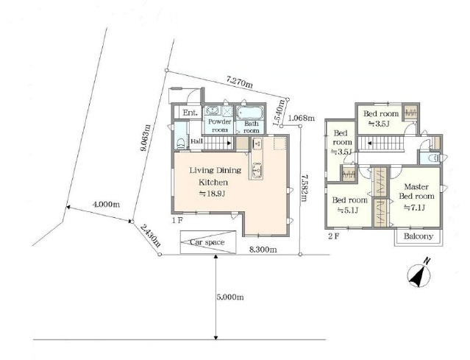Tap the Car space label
click(207, 242)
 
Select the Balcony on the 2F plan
click(419, 237)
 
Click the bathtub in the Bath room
click(249, 113)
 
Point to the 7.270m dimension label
click(240, 82)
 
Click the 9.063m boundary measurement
click(146, 138)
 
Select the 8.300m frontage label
click(263, 250)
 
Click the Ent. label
click(191, 113)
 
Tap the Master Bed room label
click(416, 191)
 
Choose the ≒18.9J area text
click(213, 194)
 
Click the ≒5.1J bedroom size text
click(348, 210)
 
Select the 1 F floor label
click(177, 221)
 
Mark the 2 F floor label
click(334, 236)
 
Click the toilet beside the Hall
click(181, 144)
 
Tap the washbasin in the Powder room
click(213, 110)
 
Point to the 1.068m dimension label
click(302, 118)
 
